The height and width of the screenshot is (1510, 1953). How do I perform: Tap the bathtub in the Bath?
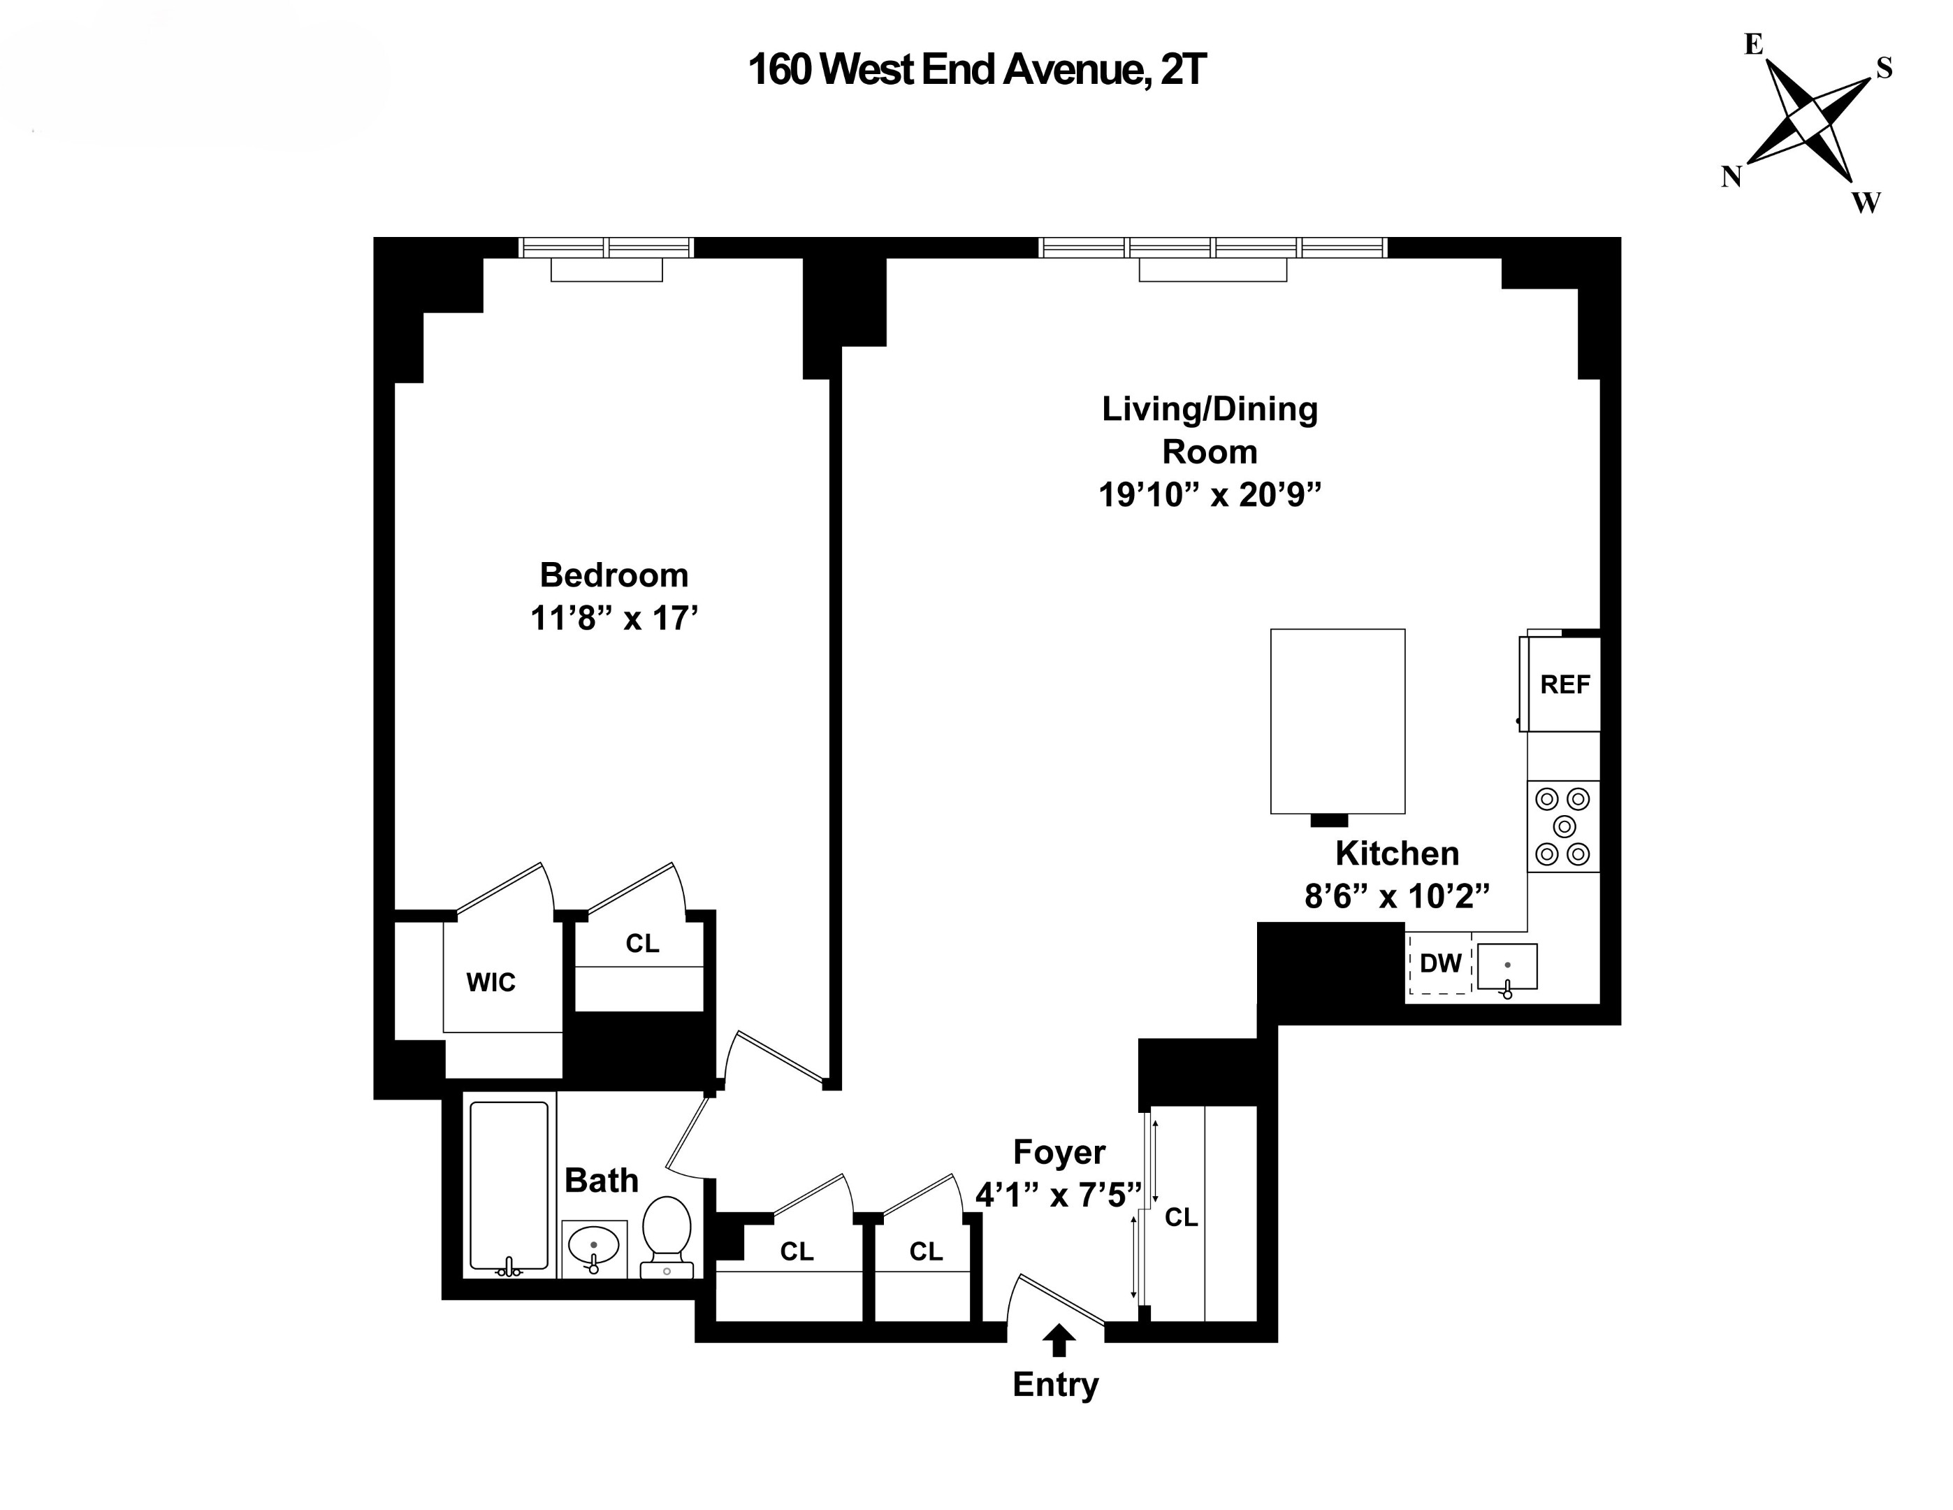(509, 1185)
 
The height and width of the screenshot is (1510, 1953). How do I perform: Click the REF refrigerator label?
(1564, 685)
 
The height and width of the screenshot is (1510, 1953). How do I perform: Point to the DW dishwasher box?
(1439, 963)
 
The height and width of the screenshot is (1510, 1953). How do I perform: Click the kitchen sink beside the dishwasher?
(1507, 967)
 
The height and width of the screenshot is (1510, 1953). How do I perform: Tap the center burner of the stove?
(1563, 826)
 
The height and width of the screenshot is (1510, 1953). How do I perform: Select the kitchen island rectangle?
(1337, 721)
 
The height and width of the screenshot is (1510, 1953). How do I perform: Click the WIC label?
(490, 983)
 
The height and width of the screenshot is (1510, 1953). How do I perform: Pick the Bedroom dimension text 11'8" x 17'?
(614, 618)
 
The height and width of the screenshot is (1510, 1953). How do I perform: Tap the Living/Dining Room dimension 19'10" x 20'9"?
(1209, 495)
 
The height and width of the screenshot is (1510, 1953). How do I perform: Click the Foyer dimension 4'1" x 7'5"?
(1058, 1195)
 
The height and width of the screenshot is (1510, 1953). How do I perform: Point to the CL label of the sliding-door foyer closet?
(1180, 1218)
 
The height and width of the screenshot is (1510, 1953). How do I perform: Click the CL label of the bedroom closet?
(642, 944)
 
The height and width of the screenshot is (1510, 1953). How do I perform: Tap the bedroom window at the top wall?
(607, 247)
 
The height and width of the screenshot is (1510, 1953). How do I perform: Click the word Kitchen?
(1397, 854)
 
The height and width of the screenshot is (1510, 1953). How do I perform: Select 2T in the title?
(1182, 70)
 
